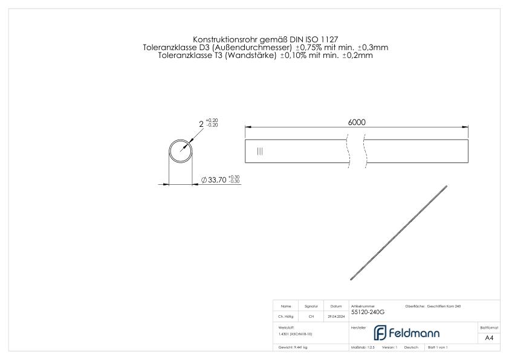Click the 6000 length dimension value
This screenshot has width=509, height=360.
pyautogui.click(x=357, y=121)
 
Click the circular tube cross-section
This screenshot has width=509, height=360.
pyautogui.click(x=180, y=150)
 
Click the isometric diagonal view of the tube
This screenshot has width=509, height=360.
pyautogui.click(x=399, y=233)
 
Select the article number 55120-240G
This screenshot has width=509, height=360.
pyautogui.click(x=368, y=312)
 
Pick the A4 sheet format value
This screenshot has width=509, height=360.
pyautogui.click(x=488, y=338)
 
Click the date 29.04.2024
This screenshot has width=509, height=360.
pyautogui.click(x=336, y=316)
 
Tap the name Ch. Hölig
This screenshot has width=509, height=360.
pyautogui.click(x=286, y=316)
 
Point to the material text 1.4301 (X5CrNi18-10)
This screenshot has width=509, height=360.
pyautogui.click(x=295, y=333)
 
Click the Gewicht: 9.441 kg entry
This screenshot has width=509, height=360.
pyautogui.click(x=293, y=348)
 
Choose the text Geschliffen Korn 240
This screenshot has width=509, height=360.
pyautogui.click(x=445, y=306)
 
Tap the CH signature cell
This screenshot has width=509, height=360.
pyautogui.click(x=311, y=316)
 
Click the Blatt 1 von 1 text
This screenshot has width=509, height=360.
pyautogui.click(x=438, y=348)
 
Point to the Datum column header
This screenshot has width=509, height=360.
pyautogui.click(x=336, y=306)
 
